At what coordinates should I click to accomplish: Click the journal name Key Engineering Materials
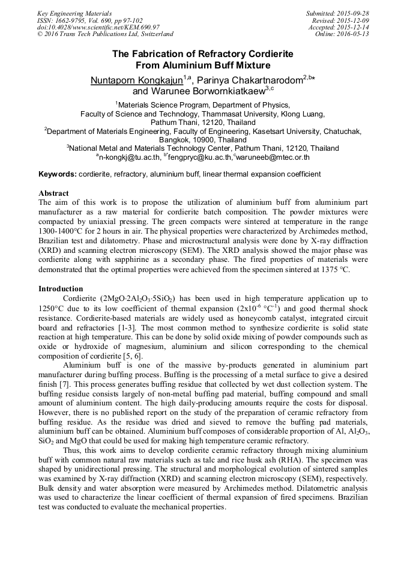pos(74,13)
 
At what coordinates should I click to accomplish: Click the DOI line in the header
pos(98,27)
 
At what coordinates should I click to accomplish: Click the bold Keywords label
pos(57,174)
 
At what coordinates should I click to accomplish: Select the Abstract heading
pos(53,193)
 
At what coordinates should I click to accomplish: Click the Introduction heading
pos(61,289)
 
